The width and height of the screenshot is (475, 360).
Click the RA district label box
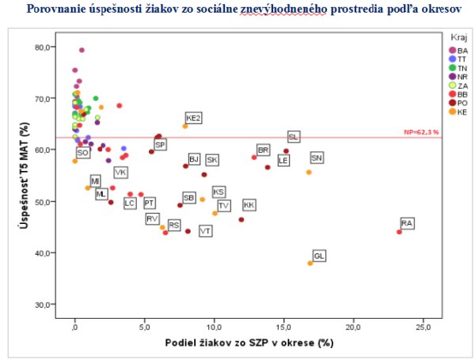click(x=407, y=224)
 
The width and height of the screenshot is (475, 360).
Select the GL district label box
click(x=319, y=256)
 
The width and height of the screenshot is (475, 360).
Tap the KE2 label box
click(x=193, y=118)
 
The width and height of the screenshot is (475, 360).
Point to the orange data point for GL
click(x=310, y=263)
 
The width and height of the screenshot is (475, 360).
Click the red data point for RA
click(x=399, y=232)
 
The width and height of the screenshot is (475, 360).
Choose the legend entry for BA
click(x=458, y=50)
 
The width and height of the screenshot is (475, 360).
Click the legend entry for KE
click(x=458, y=112)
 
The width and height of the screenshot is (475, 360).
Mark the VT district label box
click(x=205, y=231)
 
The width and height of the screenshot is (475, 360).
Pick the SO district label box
click(x=82, y=153)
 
